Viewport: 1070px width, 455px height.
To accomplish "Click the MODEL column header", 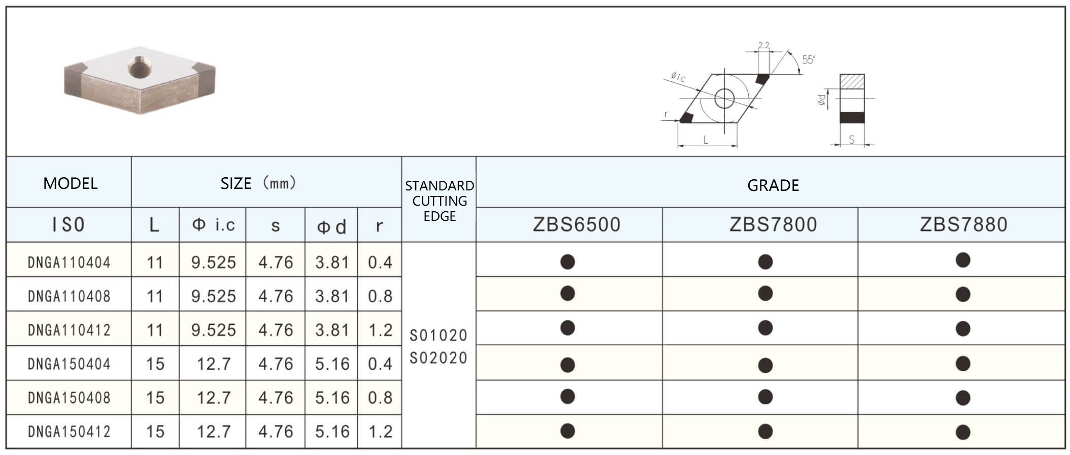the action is (70, 183).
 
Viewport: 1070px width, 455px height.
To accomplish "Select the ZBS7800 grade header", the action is (773, 224).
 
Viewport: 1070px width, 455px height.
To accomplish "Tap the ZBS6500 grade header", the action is (577, 224).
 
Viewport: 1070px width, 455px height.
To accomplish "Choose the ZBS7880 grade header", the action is (964, 224).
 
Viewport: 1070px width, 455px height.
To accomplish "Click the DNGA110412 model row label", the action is (69, 330).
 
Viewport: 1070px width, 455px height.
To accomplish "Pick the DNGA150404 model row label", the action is (69, 364).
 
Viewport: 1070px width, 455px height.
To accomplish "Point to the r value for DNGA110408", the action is (380, 296).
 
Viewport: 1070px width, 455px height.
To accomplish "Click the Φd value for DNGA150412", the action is (332, 432).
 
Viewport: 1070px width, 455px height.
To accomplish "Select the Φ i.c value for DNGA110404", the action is (214, 263).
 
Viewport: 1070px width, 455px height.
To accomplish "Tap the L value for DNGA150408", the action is (155, 398).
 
